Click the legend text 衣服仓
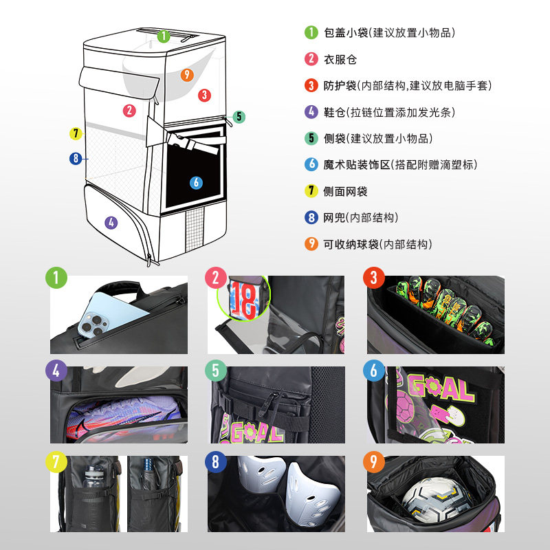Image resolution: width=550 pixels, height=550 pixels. pyautogui.click(x=340, y=59)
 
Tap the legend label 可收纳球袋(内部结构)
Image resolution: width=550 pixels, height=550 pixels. pyautogui.click(x=377, y=244)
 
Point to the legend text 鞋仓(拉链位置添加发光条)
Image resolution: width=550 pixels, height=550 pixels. pyautogui.click(x=389, y=112)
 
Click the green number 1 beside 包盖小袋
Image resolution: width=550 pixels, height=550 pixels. pyautogui.click(x=311, y=32)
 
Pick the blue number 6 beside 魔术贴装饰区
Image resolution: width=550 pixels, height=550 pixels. pyautogui.click(x=311, y=164)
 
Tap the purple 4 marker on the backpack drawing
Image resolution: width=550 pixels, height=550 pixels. pyautogui.click(x=111, y=222)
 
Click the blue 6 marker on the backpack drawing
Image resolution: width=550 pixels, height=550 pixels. pyautogui.click(x=196, y=182)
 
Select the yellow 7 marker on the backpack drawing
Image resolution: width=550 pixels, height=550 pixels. pyautogui.click(x=76, y=133)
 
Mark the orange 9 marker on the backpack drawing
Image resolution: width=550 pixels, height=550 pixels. pyautogui.click(x=187, y=75)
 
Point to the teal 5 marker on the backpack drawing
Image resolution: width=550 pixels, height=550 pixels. pyautogui.click(x=238, y=117)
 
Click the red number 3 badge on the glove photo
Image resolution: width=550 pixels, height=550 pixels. pyautogui.click(x=373, y=278)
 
